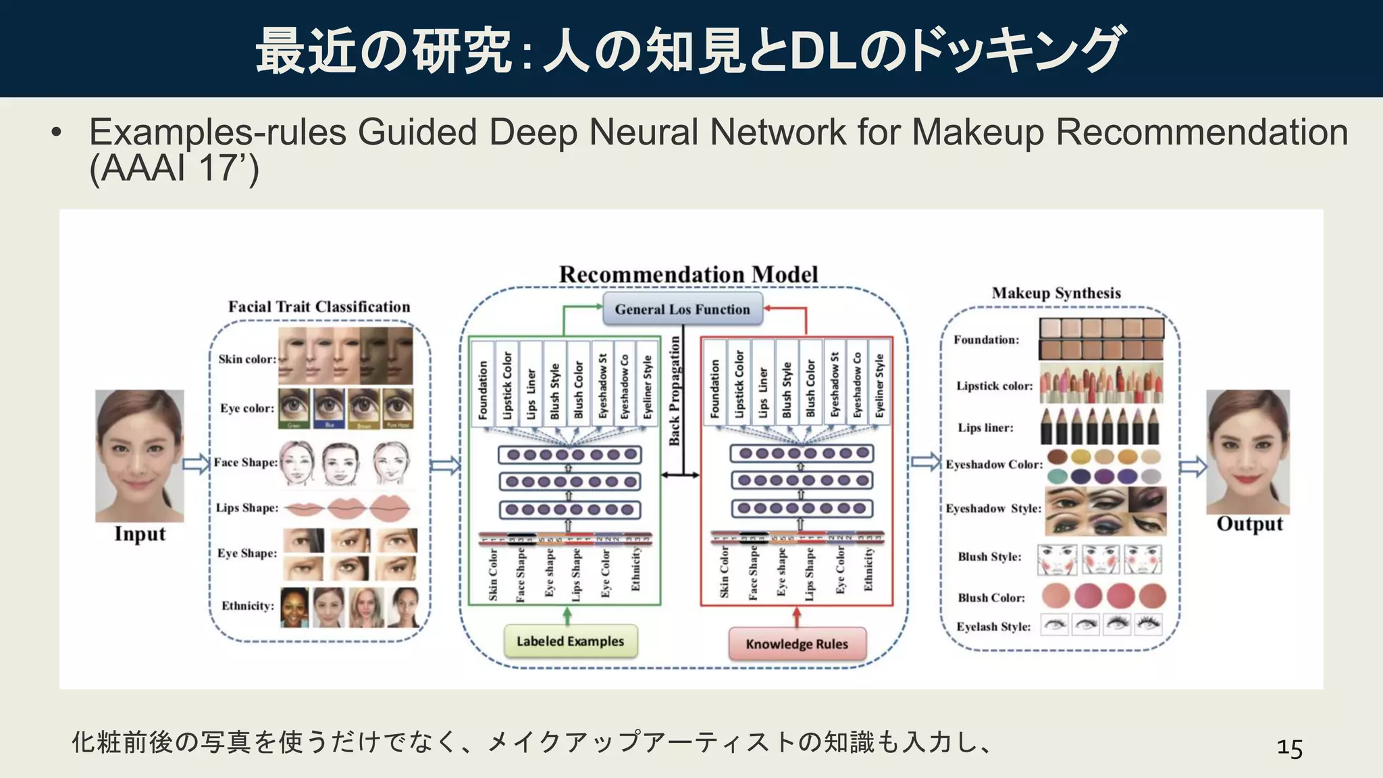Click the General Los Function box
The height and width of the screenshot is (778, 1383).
pyautogui.click(x=682, y=309)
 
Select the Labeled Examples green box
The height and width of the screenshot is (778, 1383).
pyautogui.click(x=570, y=642)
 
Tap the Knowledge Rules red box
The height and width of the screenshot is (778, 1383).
pyautogui.click(x=797, y=644)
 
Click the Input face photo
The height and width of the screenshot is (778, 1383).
pyautogui.click(x=139, y=455)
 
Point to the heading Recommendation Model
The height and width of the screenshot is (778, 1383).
pyautogui.click(x=688, y=275)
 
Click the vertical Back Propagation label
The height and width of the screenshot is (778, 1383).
pyautogui.click(x=675, y=392)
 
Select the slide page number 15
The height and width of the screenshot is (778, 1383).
pyautogui.click(x=1289, y=748)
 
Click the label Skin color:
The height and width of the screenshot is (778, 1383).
pyautogui.click(x=247, y=359)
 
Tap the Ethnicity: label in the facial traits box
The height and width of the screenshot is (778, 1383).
pyautogui.click(x=248, y=606)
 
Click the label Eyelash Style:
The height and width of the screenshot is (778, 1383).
pyautogui.click(x=993, y=627)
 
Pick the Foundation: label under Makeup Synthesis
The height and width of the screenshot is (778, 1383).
pyautogui.click(x=986, y=340)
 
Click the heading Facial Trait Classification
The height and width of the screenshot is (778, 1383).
pyautogui.click(x=319, y=307)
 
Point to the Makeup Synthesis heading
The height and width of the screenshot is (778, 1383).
pyautogui.click(x=1056, y=293)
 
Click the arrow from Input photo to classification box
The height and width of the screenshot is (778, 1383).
pyautogui.click(x=196, y=464)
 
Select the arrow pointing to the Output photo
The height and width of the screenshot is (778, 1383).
pyautogui.click(x=1193, y=466)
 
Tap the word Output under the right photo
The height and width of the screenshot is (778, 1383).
pyautogui.click(x=1249, y=524)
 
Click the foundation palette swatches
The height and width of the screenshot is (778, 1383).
pyautogui.click(x=1101, y=339)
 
